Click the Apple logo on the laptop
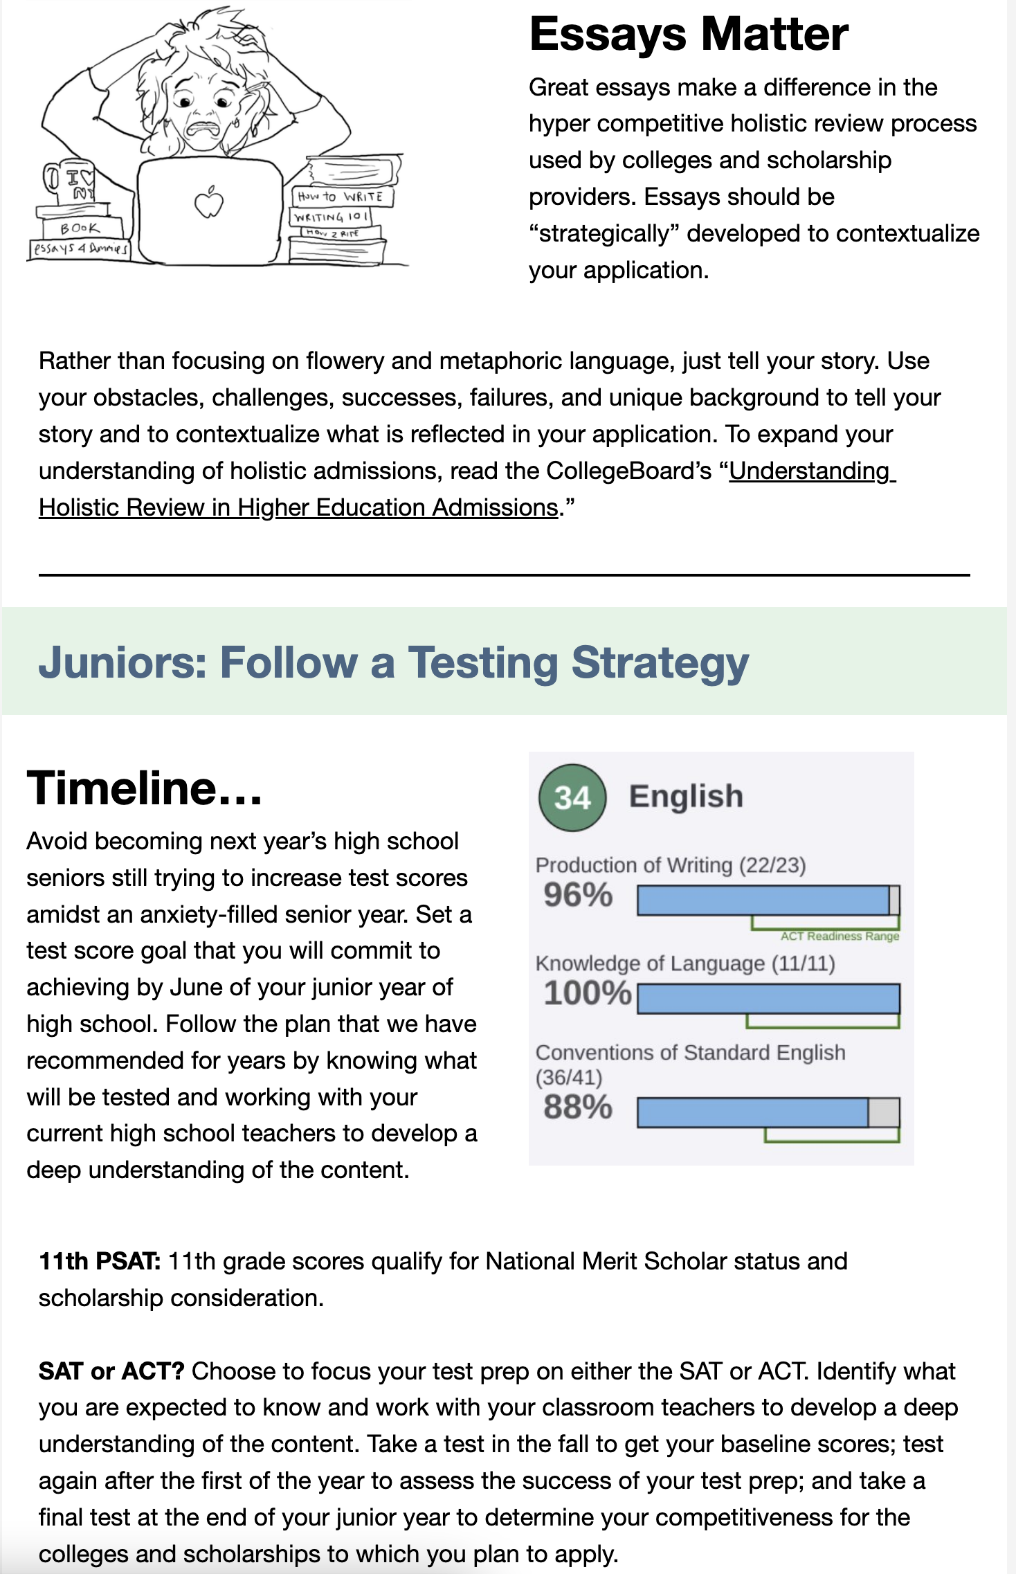(x=209, y=203)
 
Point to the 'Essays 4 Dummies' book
(x=80, y=248)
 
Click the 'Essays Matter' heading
(x=688, y=34)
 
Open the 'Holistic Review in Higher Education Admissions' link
(x=298, y=507)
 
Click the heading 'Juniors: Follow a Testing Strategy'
(x=393, y=662)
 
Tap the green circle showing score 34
(x=572, y=797)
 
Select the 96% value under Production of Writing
(x=578, y=895)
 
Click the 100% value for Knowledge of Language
(x=587, y=993)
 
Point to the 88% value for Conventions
(x=578, y=1107)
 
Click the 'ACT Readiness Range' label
(x=840, y=937)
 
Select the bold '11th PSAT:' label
(x=100, y=1261)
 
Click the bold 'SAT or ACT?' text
(x=111, y=1371)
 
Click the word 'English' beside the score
(x=686, y=797)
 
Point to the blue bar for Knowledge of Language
(x=768, y=999)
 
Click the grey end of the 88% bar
(x=884, y=1112)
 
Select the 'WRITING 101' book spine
(x=330, y=217)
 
